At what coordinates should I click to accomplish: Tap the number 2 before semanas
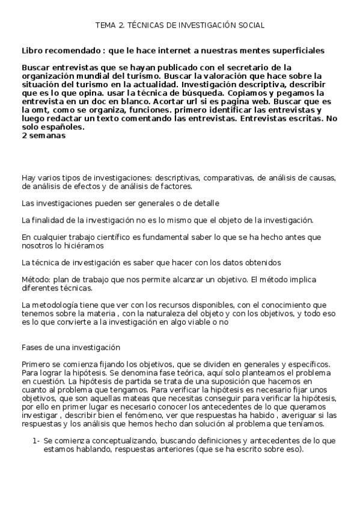[x=23, y=135]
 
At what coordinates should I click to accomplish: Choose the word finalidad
[x=49, y=220]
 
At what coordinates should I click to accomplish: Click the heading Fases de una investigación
[x=71, y=348]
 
